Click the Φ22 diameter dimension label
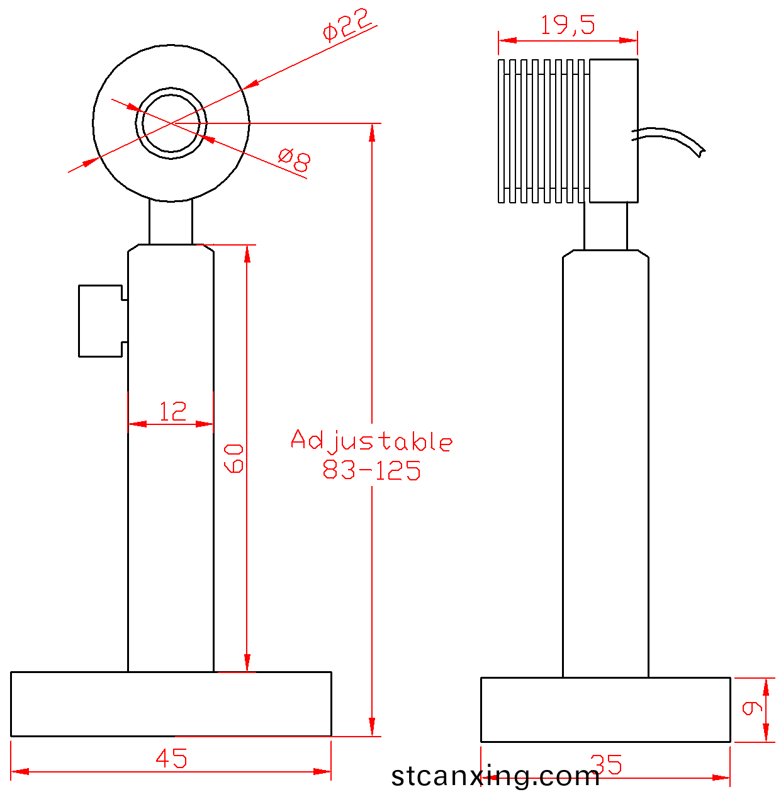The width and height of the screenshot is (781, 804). click(x=347, y=25)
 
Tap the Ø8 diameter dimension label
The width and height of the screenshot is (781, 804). click(x=294, y=160)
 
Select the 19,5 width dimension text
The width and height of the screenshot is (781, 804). click(x=568, y=25)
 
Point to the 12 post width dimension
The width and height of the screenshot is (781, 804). click(x=172, y=411)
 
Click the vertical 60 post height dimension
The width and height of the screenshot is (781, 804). click(x=233, y=458)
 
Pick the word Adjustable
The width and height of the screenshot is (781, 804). click(x=371, y=441)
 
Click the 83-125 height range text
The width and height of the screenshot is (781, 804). click(x=371, y=470)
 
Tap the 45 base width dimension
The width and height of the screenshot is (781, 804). click(x=171, y=758)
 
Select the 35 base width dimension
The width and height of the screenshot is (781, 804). click(x=606, y=764)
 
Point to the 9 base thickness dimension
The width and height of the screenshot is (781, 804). click(x=752, y=708)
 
